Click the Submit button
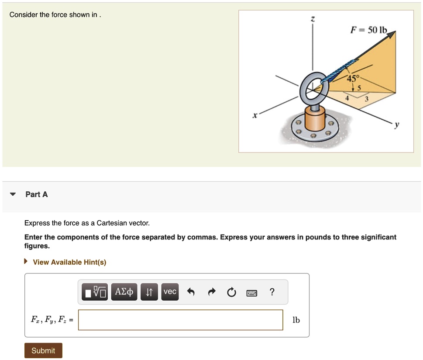point(43,350)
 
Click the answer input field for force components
point(180,320)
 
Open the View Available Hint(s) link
point(69,262)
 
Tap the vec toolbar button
point(170,291)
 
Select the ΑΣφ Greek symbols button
point(124,291)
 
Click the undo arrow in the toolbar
point(191,292)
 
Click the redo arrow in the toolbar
point(211,292)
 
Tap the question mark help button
point(272,292)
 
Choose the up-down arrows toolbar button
point(148,291)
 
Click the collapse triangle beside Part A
point(13,194)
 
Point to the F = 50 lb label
point(368,30)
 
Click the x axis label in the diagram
point(254,116)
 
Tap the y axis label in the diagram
point(396,125)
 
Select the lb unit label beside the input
point(296,320)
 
